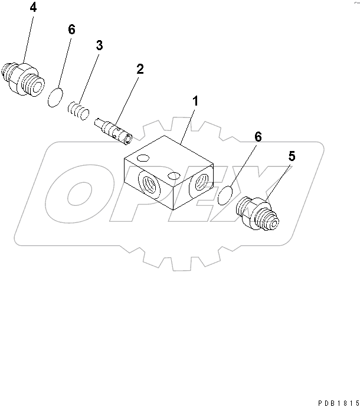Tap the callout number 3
coord(100,45)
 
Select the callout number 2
coord(140,68)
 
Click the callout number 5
coord(292,157)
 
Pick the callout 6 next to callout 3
coord(71,29)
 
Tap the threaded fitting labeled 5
coord(257,214)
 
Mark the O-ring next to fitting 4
coord(55,97)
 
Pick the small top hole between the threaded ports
coord(174,176)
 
